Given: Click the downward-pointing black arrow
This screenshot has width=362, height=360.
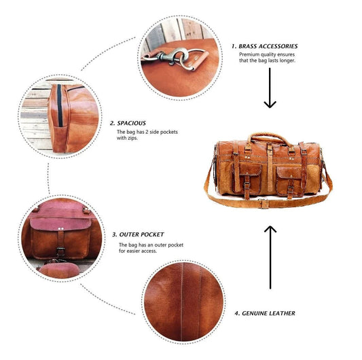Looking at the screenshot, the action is (x=270, y=88).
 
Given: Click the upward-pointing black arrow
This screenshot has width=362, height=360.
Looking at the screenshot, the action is (x=270, y=257).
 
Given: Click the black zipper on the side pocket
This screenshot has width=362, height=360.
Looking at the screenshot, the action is (x=60, y=105).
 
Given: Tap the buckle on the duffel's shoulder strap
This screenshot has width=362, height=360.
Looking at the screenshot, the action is (x=264, y=204).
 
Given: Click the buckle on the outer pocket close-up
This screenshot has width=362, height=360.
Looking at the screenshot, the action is (x=60, y=251).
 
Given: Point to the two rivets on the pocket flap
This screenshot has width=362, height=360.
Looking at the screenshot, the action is (x=60, y=229).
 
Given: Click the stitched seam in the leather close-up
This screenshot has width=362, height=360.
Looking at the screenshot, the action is (x=182, y=302).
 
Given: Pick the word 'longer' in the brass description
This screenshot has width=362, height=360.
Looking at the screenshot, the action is (x=287, y=60).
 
